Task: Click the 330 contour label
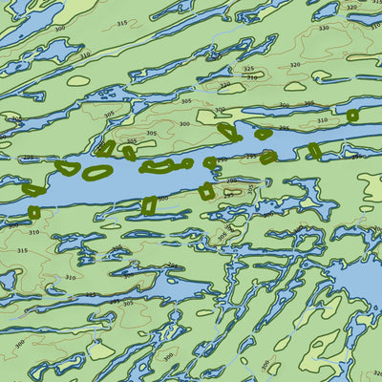tap(323, 28)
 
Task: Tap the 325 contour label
tap(248, 69)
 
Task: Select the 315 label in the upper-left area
tap(120, 22)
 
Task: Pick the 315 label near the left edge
tap(22, 250)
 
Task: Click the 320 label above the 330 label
tap(350, 8)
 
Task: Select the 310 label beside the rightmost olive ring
tap(322, 120)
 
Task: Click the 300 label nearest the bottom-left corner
tap(19, 343)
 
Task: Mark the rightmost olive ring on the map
tap(352, 116)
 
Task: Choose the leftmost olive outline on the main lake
tap(32, 189)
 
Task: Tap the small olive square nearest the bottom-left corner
tap(34, 212)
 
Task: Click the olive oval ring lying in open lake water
tap(97, 173)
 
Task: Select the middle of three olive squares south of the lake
tap(206, 191)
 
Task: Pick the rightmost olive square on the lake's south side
tap(268, 158)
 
